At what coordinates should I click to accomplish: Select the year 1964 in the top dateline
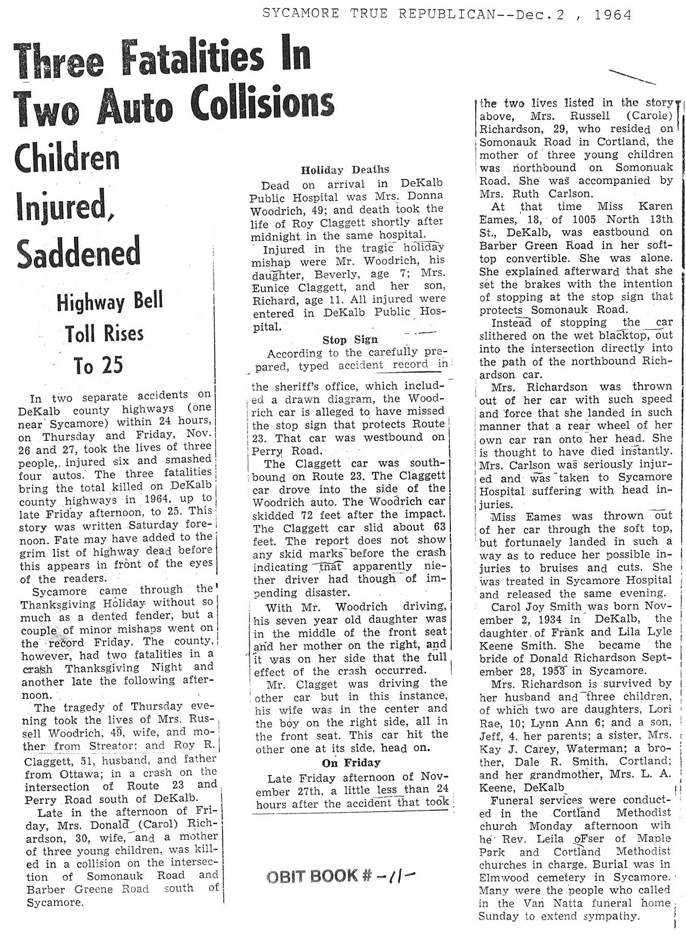pos(613,15)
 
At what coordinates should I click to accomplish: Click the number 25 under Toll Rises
pos(98,366)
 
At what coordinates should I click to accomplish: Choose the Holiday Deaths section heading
pos(345,169)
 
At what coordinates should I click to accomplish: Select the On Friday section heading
pos(351,762)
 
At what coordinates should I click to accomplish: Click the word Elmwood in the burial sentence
pos(507,877)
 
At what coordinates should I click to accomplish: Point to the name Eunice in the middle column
pos(270,288)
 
